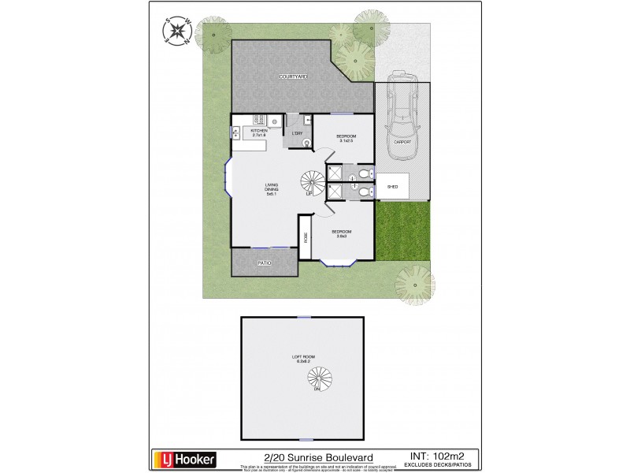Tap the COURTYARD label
292,76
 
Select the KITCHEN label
259,131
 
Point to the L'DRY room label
297,133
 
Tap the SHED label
392,187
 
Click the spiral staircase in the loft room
318,380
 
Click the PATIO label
265,263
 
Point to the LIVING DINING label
272,188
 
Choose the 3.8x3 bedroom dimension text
342,236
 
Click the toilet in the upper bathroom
361,173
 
